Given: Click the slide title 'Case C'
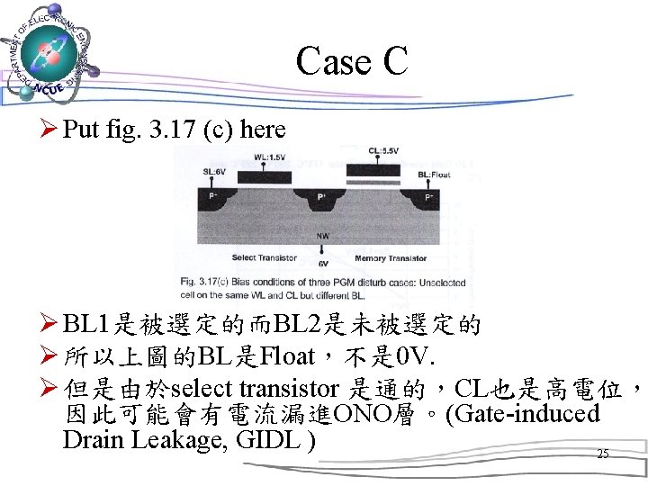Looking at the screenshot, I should (x=351, y=61).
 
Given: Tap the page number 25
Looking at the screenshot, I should (x=602, y=454).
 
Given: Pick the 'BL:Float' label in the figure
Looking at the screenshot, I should (x=433, y=173).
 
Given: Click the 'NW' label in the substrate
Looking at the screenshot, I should (x=321, y=236).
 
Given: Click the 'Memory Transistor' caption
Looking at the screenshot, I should (x=391, y=258).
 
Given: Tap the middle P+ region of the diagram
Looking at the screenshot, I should (x=321, y=197).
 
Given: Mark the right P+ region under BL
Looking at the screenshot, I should (x=428, y=196).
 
